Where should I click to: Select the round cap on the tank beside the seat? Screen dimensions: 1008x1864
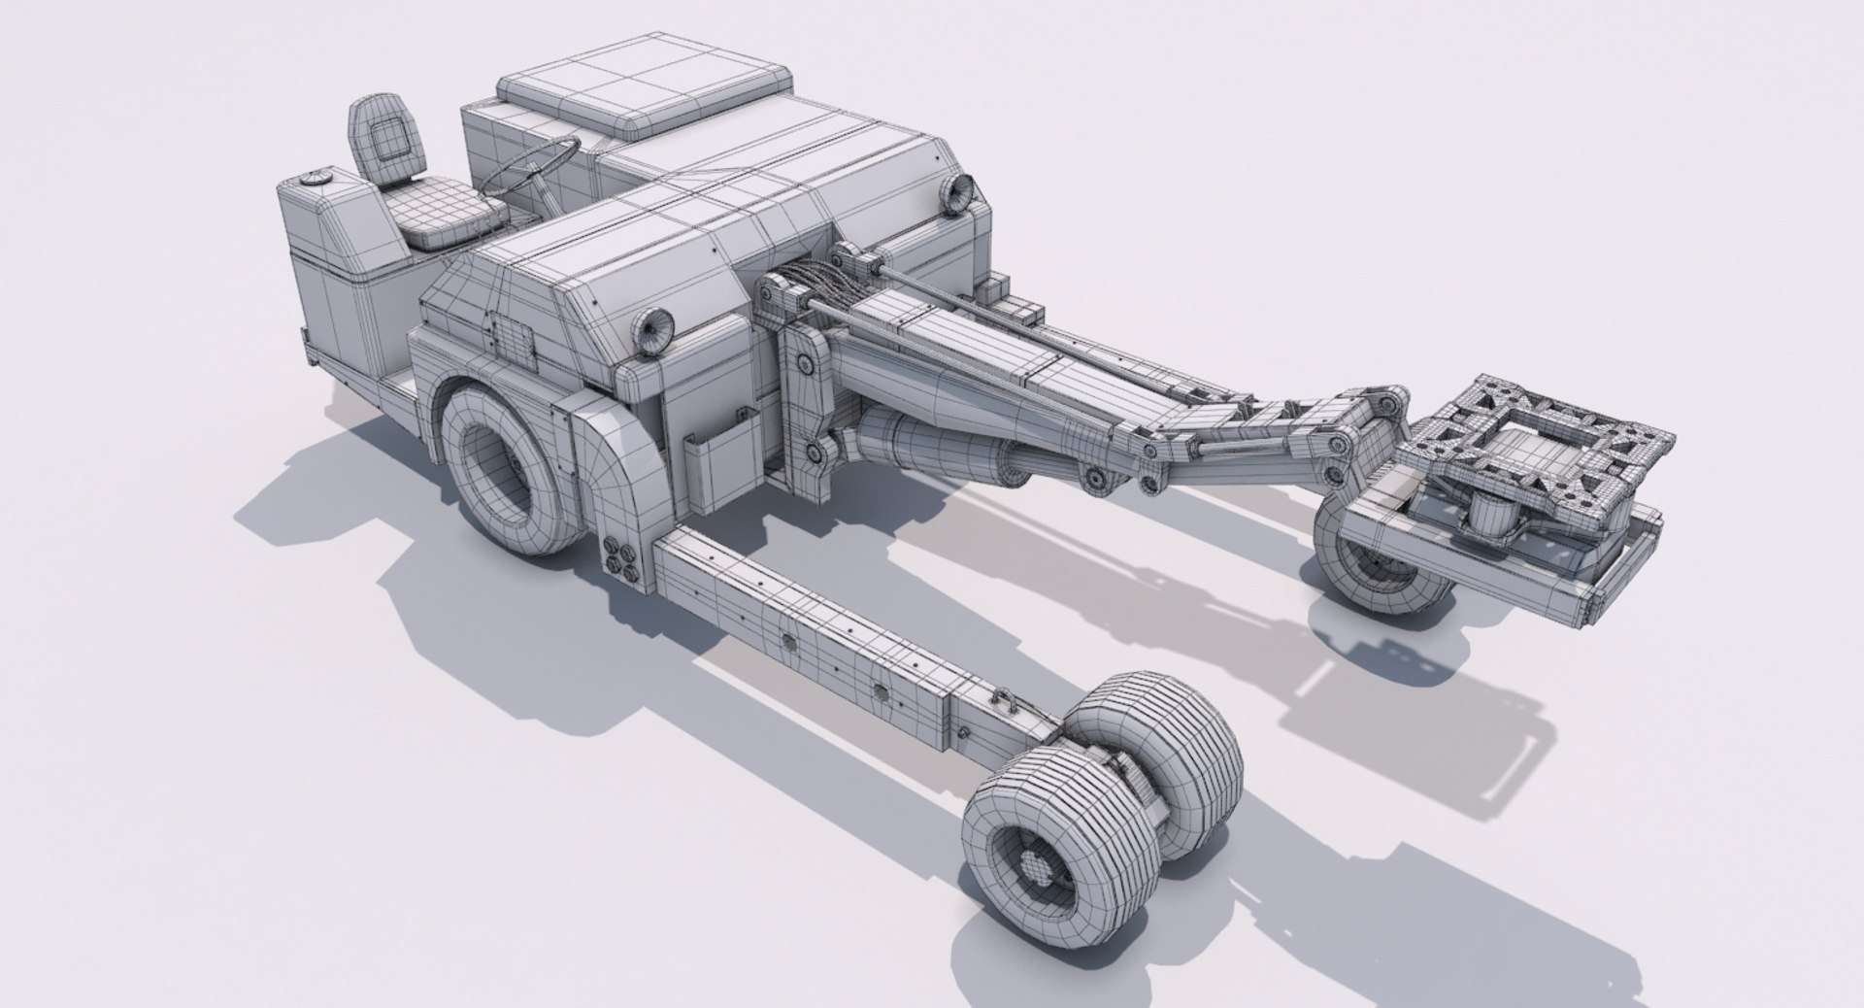(x=314, y=179)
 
